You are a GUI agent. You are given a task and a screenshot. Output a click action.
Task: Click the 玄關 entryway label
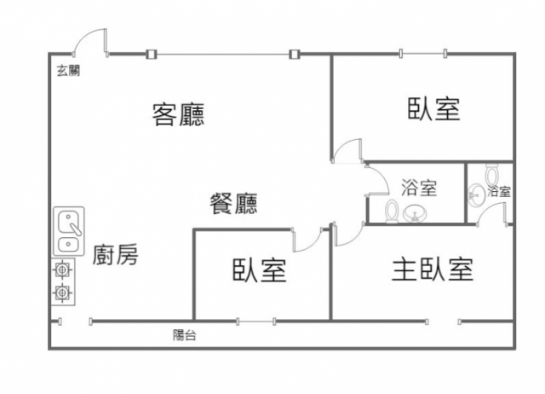click(x=68, y=71)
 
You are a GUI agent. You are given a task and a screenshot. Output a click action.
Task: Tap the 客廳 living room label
click(x=178, y=114)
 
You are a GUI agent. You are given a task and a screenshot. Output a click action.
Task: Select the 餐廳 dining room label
click(x=233, y=203)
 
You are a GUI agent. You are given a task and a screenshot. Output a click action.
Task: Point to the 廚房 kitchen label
click(x=116, y=254)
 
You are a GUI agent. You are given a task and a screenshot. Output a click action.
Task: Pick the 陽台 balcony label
click(x=184, y=335)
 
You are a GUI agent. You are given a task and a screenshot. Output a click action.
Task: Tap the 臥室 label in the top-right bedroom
click(x=433, y=109)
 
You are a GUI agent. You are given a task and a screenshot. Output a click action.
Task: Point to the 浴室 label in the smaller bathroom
click(x=499, y=192)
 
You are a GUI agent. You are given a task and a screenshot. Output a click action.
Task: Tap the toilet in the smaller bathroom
click(x=492, y=173)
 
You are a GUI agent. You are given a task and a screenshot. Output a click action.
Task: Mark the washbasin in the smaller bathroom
click(x=475, y=194)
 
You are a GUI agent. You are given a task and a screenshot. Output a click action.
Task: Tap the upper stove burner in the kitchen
click(x=61, y=271)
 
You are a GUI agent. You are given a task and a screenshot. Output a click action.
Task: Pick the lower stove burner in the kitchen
click(x=61, y=294)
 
